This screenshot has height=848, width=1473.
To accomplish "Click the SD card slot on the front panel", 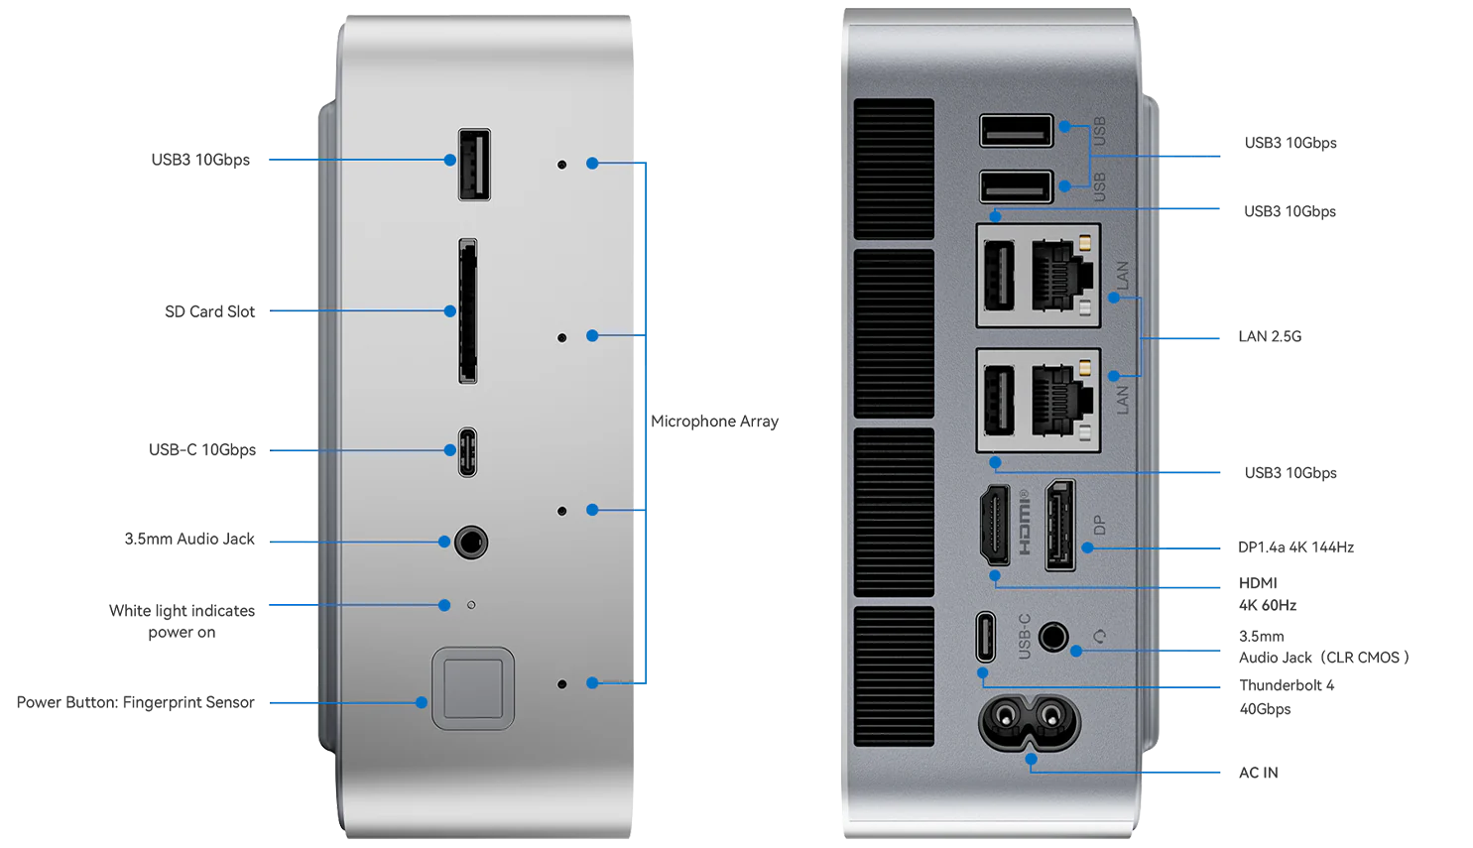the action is coord(467,311).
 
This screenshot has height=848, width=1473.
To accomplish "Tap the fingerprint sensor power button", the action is coord(473,688).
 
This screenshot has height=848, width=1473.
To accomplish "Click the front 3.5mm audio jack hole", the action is coord(471,543).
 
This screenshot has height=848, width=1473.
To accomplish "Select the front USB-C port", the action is coord(467,452).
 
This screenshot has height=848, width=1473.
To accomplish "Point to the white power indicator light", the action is coord(471,605).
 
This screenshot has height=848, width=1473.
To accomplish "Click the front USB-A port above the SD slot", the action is coord(474,165).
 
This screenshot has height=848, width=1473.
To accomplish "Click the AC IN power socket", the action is coord(1030,722).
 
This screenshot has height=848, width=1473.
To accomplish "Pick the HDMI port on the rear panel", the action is coord(995,526).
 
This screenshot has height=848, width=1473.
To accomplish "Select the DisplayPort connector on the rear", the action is coord(1060,526).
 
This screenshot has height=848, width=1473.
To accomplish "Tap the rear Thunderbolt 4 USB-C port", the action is coord(985,637).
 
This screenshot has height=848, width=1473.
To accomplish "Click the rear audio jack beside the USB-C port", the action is coord(1052,637).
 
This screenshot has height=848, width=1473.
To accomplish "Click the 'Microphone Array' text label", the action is coord(714,422).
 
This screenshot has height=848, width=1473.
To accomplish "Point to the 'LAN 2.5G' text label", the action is coord(1270,336).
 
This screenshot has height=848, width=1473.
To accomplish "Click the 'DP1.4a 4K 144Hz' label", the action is coord(1295,546).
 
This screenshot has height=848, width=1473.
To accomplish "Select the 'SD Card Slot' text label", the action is coord(209,311).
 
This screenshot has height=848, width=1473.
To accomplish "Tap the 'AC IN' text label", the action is coord(1258,773).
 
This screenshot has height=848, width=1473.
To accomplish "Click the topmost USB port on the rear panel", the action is coord(1016,130).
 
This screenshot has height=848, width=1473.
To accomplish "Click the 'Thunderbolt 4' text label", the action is coord(1287,685).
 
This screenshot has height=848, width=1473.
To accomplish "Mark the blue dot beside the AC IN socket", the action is coord(1032,760).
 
